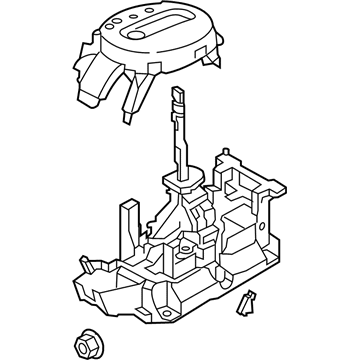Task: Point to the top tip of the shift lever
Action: coord(178,92)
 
